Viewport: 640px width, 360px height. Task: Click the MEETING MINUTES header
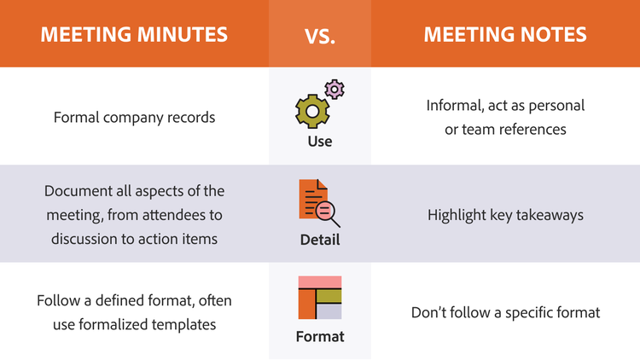(x=134, y=34)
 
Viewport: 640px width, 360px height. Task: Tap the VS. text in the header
(x=320, y=36)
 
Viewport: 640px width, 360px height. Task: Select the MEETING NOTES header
(x=505, y=34)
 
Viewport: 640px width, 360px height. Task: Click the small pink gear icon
(x=335, y=89)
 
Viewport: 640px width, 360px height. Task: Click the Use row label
(x=320, y=142)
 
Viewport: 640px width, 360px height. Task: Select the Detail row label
(x=320, y=240)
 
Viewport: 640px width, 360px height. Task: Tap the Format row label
(x=320, y=337)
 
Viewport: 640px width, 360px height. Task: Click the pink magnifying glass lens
(x=325, y=211)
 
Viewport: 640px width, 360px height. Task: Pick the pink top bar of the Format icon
(x=320, y=282)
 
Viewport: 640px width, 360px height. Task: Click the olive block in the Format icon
(x=329, y=296)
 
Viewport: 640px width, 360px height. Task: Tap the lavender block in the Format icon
(x=329, y=312)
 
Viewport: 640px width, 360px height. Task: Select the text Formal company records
(x=134, y=118)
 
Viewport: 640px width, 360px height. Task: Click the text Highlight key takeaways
(x=505, y=215)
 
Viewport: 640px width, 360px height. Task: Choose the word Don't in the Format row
(x=428, y=312)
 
